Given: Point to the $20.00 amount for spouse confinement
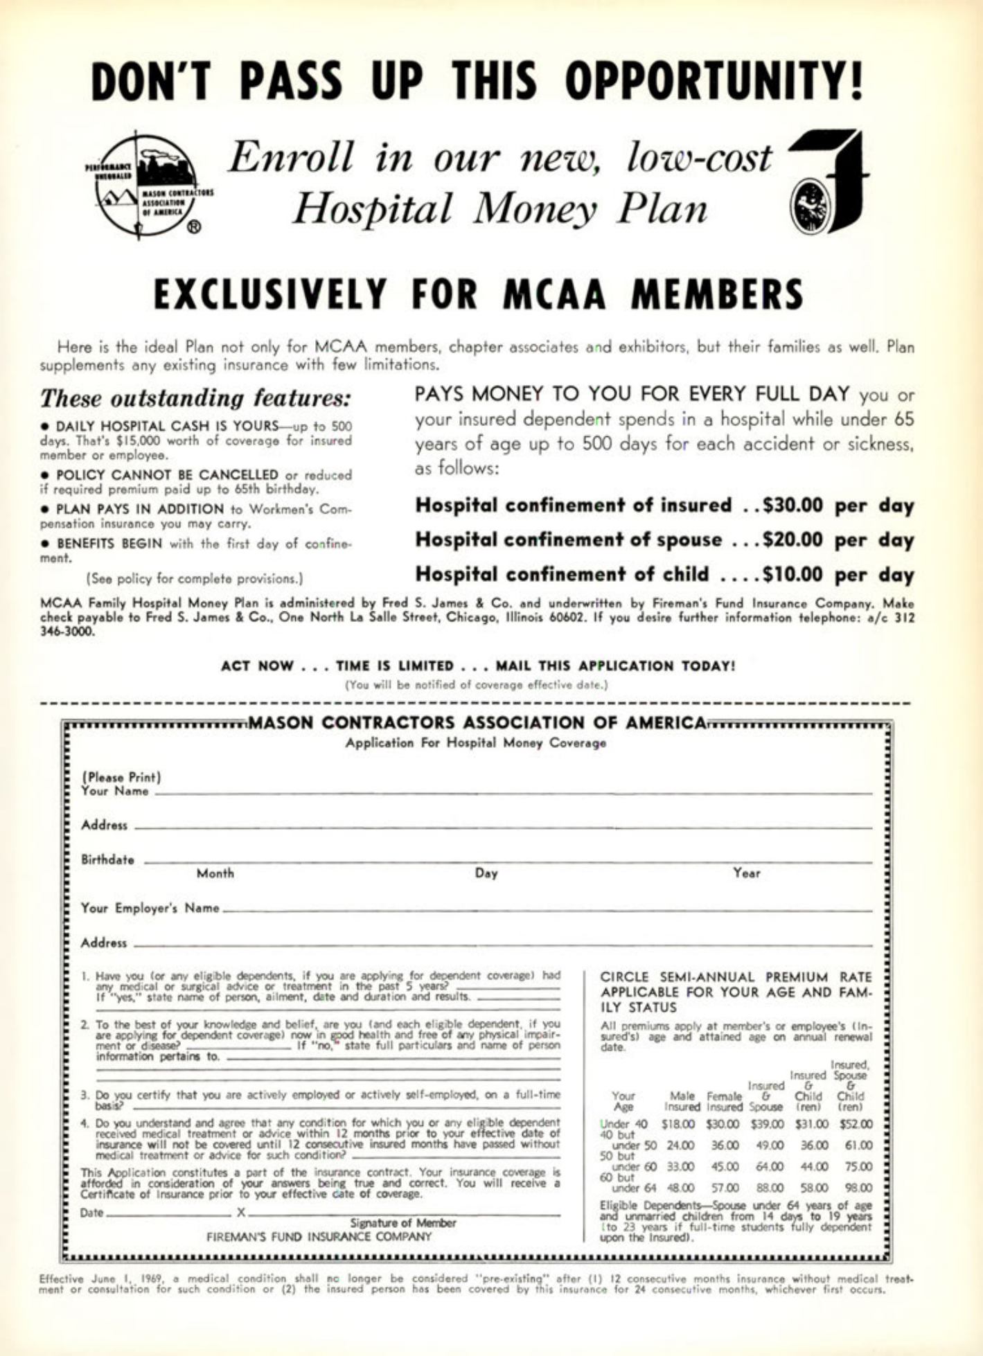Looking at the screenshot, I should click(x=794, y=539).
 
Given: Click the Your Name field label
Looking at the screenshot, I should click(x=115, y=791).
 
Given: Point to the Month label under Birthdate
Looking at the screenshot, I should click(x=215, y=874).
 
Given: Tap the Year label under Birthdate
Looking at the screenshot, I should click(x=746, y=874).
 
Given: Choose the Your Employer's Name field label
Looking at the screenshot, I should click(x=150, y=908).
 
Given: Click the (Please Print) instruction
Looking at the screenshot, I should click(x=121, y=776).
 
